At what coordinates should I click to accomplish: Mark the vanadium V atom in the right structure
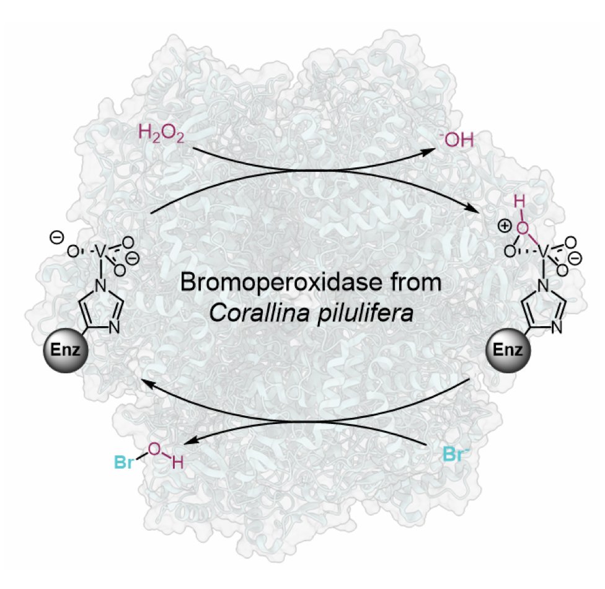click(540, 251)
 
